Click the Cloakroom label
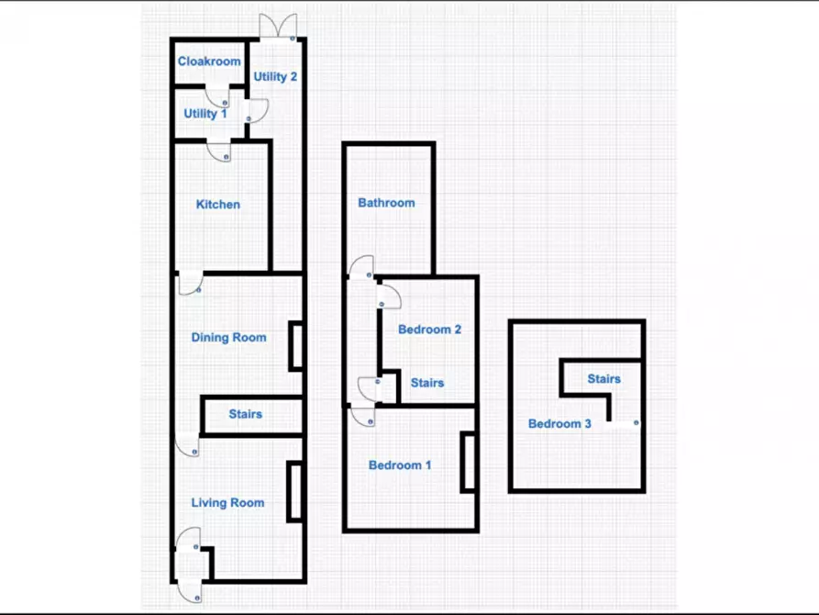pos(209,61)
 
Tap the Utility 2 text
pos(275,76)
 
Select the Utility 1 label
pos(205,114)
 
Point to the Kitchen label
pos(217,204)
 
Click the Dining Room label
pos(228,337)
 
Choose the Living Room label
pos(227,503)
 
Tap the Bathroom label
pos(386,202)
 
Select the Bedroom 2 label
pos(429,329)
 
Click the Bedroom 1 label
pos(400,464)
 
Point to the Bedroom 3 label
pos(559,423)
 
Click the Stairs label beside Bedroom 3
pos(603,378)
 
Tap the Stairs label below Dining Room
pos(246,414)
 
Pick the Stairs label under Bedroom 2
pos(427,383)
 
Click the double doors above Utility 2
pos(279,27)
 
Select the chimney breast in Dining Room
pos(295,347)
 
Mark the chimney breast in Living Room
pos(294,492)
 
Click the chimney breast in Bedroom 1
pos(468,463)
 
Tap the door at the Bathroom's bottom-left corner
pos(361,267)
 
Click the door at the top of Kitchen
pos(219,151)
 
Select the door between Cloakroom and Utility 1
pos(217,96)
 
